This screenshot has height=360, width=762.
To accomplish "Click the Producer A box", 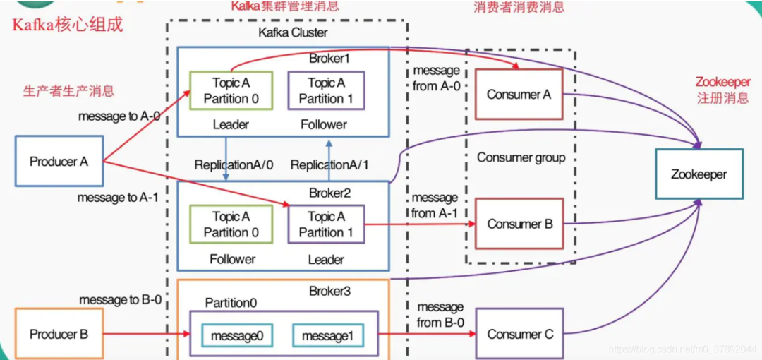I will (x=59, y=162).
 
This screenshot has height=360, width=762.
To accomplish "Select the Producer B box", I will (x=59, y=334).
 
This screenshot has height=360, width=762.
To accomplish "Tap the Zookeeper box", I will (x=698, y=174).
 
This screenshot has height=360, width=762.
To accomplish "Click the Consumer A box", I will (x=519, y=95).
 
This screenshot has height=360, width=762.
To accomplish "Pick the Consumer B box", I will (x=519, y=224).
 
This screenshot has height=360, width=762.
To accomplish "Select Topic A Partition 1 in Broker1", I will (x=326, y=91).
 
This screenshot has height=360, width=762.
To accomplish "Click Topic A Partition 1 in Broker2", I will (x=326, y=224).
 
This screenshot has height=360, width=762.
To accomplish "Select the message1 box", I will (x=327, y=336).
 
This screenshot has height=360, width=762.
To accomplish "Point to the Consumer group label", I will (x=521, y=157).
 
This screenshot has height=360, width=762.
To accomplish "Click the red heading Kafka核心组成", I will (x=67, y=25).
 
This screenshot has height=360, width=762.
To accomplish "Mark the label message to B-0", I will (x=120, y=300).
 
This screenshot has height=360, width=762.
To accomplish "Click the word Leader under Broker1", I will (x=231, y=125).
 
